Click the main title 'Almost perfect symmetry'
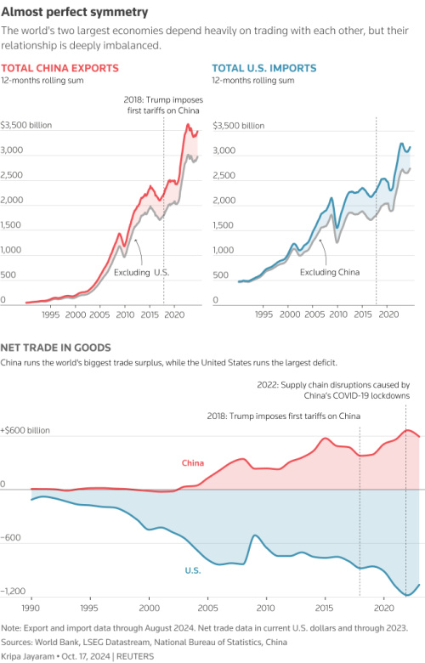[x=75, y=12]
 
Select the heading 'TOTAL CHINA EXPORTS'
[x=59, y=67]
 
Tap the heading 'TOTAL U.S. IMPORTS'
[x=263, y=67]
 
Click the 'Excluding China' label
[x=330, y=272]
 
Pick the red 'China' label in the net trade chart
[x=194, y=463]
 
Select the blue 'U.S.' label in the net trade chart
[x=192, y=570]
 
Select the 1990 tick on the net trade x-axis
[x=31, y=609]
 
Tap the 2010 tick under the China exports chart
[x=125, y=314]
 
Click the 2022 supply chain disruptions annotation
[x=333, y=390]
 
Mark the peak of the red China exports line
[x=188, y=125]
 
